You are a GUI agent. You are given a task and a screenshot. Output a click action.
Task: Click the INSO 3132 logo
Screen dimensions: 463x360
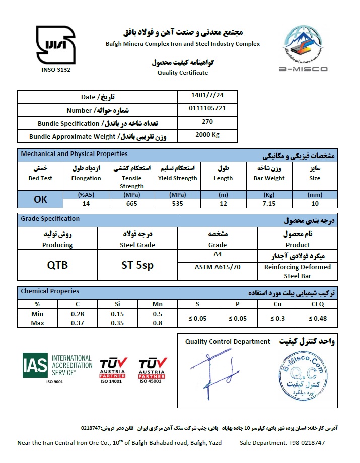pyautogui.click(x=55, y=44)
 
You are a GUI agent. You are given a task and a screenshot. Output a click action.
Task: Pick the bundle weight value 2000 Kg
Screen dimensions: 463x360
pyautogui.click(x=207, y=135)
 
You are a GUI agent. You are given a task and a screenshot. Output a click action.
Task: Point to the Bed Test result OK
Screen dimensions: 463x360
pyautogui.click(x=40, y=199)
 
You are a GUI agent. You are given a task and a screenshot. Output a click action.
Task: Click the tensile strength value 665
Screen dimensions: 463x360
pyautogui.click(x=131, y=203)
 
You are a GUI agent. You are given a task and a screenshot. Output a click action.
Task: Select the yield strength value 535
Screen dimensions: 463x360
pyautogui.click(x=177, y=203)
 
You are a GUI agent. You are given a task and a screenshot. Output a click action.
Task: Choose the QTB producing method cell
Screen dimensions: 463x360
pyautogui.click(x=57, y=265)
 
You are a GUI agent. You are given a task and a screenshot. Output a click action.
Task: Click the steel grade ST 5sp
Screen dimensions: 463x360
pyautogui.click(x=137, y=265)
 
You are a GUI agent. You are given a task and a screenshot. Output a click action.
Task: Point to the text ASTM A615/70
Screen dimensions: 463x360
pyautogui.click(x=218, y=267)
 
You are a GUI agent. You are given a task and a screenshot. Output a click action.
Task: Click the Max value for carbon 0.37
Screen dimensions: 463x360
pyautogui.click(x=78, y=322)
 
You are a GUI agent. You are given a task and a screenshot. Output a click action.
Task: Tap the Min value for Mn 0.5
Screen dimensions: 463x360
pyautogui.click(x=158, y=314)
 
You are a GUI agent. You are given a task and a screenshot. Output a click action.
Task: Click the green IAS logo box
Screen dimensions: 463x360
pyautogui.click(x=35, y=366)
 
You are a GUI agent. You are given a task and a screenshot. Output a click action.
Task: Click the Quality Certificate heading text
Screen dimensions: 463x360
pyautogui.click(x=182, y=73)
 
